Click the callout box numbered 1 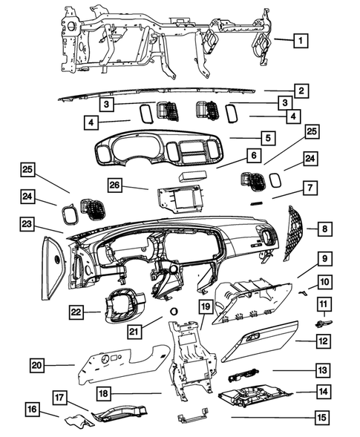pyautogui.click(x=301, y=41)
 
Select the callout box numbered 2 pyautogui.click(x=301, y=91)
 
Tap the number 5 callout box pyautogui.click(x=268, y=138)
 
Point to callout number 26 pyautogui.click(x=114, y=185)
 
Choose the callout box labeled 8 pyautogui.click(x=325, y=229)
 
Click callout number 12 pyautogui.click(x=324, y=341)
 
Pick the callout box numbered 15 pyautogui.click(x=321, y=418)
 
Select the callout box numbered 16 pyautogui.click(x=32, y=409)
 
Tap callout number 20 pyautogui.click(x=37, y=365)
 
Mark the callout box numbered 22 pyautogui.click(x=76, y=312)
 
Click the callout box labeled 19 pyautogui.click(x=206, y=307)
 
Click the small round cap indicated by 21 pyautogui.click(x=174, y=312)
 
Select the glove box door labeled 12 pyautogui.click(x=260, y=341)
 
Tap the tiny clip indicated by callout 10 pyautogui.click(x=303, y=292)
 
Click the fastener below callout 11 pyautogui.click(x=324, y=324)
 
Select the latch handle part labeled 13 pyautogui.click(x=243, y=374)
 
